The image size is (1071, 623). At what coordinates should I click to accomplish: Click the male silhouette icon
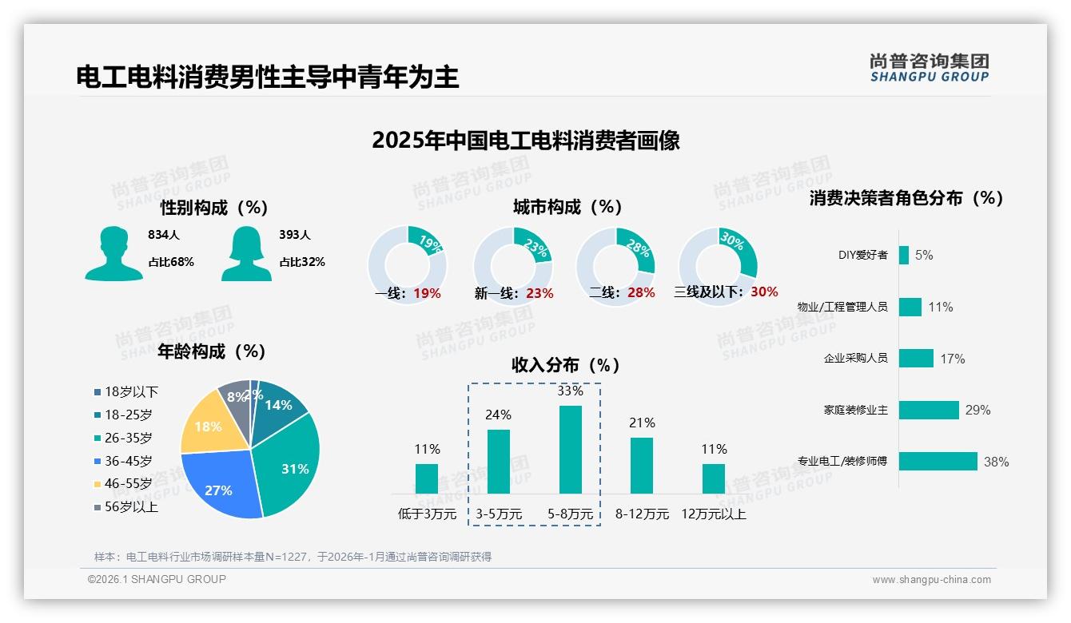pos(113,254)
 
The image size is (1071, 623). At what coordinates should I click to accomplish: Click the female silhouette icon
pos(246,254)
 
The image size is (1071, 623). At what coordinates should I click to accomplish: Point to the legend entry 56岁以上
pos(131,507)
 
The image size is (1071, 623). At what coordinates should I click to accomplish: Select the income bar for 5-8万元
pos(571,450)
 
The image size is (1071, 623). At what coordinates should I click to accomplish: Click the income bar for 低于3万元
pos(427,478)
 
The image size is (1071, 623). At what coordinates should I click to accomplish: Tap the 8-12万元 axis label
pos(642,514)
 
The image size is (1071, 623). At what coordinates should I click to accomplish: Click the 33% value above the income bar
pos(571,391)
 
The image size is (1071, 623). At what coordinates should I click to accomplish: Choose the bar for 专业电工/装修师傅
pos(938,461)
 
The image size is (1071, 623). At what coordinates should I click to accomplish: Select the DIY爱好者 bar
pos(904,255)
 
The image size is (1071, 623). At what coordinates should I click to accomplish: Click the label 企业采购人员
pos(855,359)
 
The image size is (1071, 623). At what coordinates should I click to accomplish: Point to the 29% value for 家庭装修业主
pos(977,410)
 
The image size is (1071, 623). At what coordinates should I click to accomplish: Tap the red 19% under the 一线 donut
pos(427,293)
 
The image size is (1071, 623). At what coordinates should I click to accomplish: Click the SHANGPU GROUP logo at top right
pos(929,68)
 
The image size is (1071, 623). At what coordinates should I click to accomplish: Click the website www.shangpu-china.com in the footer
pos(931,580)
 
